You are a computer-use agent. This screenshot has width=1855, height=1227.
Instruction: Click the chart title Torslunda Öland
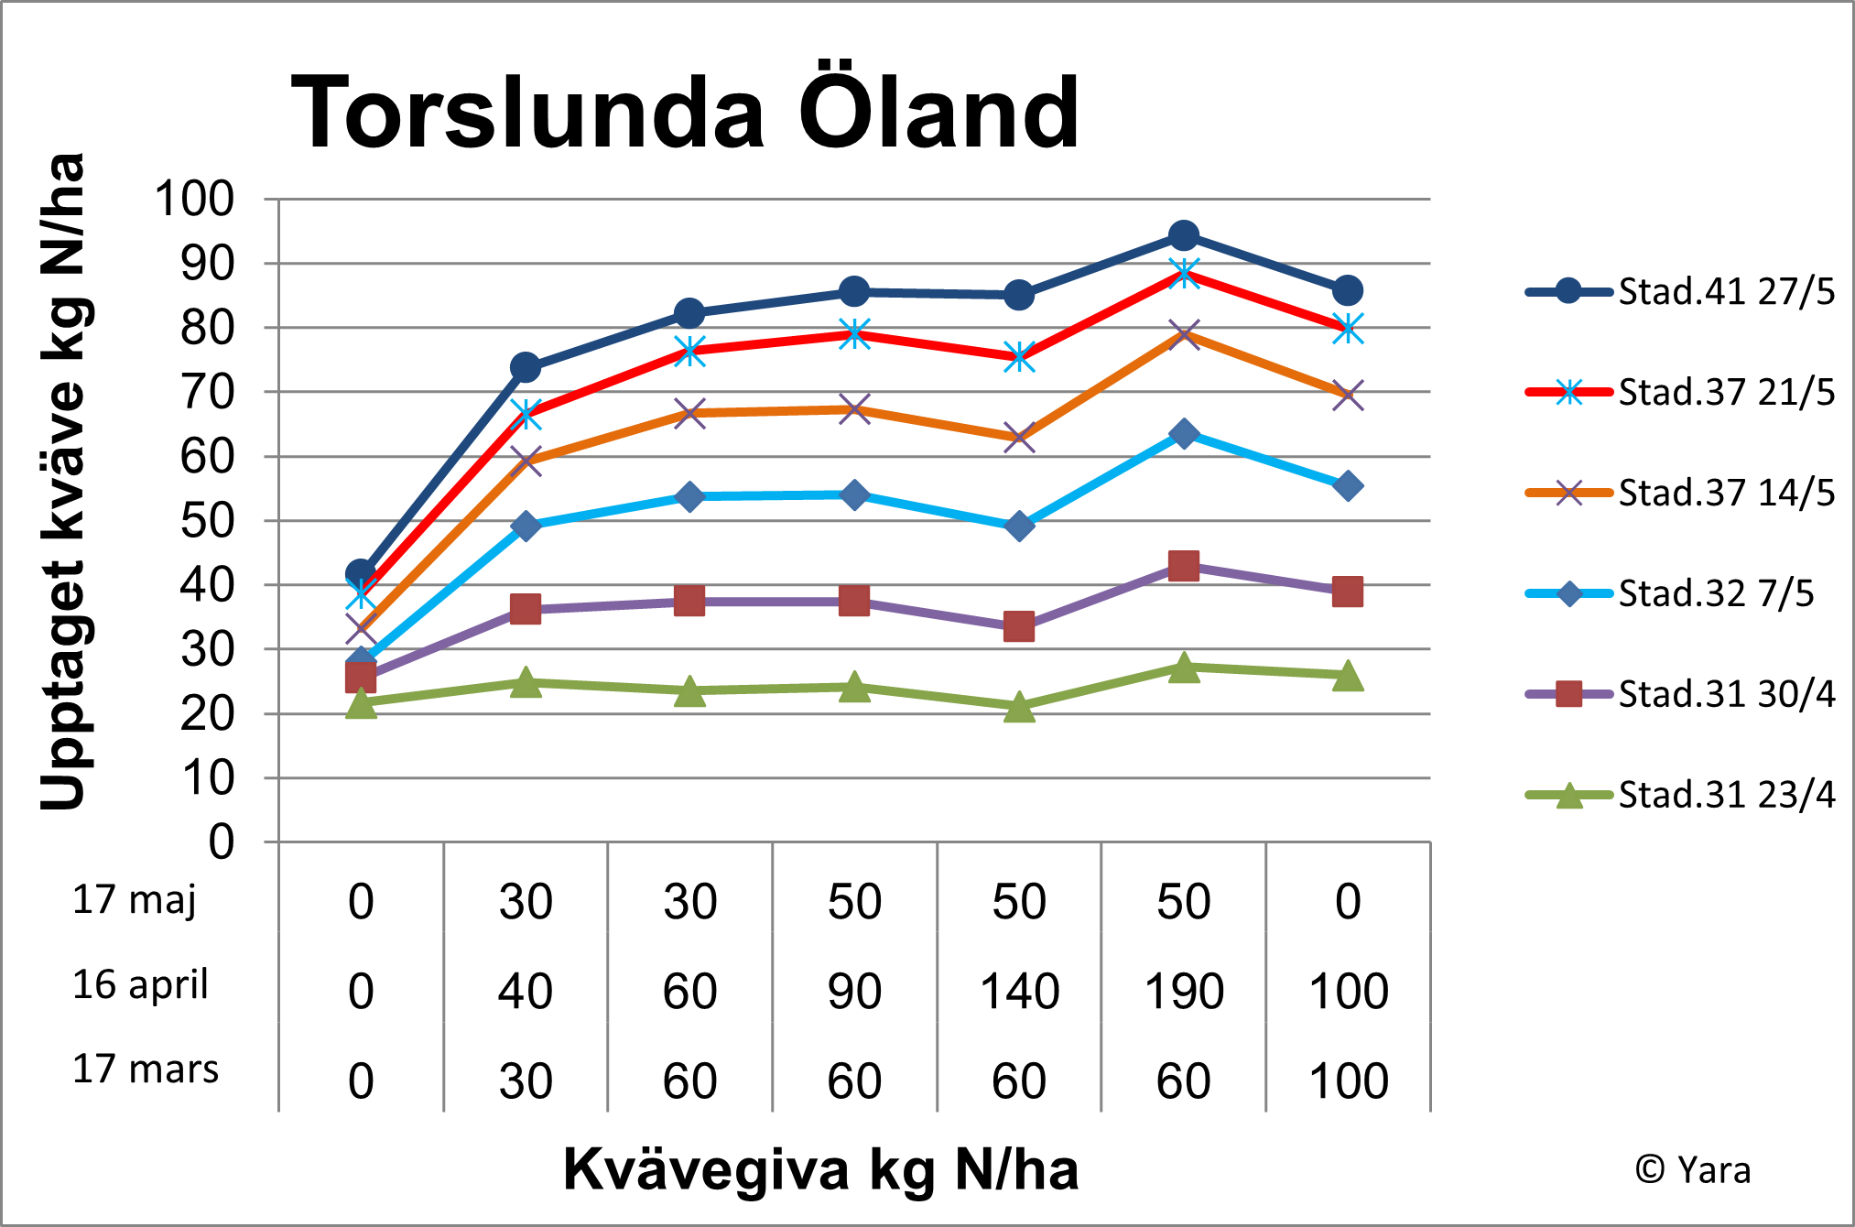685,112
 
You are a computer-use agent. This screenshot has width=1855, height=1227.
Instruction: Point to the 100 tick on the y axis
195,199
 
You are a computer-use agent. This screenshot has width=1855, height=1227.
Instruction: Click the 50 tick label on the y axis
208,521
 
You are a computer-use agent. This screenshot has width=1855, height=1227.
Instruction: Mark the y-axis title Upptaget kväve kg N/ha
63,482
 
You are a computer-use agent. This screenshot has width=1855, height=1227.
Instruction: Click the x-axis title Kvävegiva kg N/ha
820,1169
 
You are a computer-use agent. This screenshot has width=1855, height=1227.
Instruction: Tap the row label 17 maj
135,899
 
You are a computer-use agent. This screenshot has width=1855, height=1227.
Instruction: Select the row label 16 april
141,984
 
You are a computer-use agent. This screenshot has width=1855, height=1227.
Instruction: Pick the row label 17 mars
146,1069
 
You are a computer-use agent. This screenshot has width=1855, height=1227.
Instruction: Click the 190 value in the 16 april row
1184,992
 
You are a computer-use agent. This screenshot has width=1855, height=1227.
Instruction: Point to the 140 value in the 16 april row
1019,992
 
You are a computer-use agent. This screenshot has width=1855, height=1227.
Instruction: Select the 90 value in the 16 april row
854,992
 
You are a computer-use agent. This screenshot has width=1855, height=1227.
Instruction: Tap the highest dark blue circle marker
1184,236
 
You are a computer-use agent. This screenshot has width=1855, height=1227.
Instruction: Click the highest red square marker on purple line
1184,566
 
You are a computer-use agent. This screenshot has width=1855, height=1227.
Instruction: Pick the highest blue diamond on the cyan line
1184,433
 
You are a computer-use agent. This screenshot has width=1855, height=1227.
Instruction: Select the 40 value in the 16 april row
526,992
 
